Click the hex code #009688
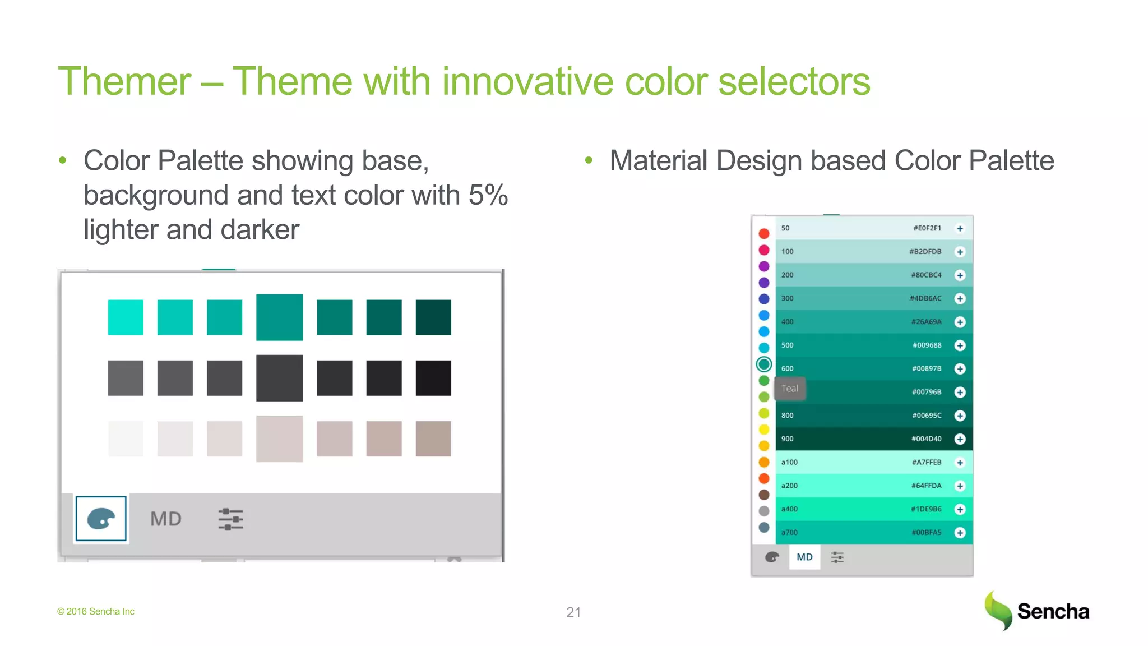click(x=927, y=345)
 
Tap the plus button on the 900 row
click(x=960, y=439)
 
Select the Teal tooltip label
click(x=789, y=389)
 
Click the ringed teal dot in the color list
click(x=764, y=364)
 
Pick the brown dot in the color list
click(x=764, y=495)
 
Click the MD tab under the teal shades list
click(x=804, y=557)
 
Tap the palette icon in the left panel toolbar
click(x=101, y=519)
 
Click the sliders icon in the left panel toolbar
click(x=230, y=519)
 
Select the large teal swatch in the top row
click(x=279, y=317)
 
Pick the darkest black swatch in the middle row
click(x=433, y=378)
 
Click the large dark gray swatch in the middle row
click(x=279, y=378)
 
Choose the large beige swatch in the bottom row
click(x=279, y=439)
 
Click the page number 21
click(x=573, y=612)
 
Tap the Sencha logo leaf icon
click(x=998, y=611)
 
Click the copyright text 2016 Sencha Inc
click(x=96, y=612)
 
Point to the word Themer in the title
click(x=124, y=82)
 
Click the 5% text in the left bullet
click(x=488, y=196)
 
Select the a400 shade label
click(x=789, y=509)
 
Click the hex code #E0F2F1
click(x=927, y=228)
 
